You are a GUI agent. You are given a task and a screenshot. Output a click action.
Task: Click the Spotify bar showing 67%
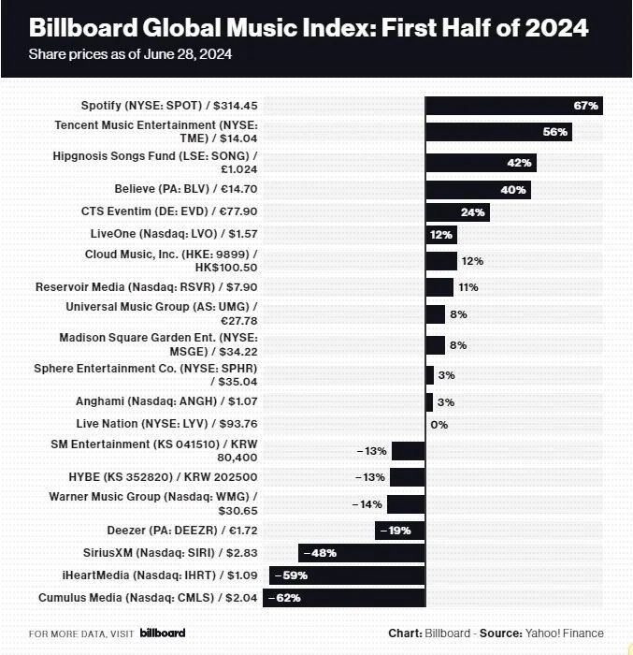click(x=513, y=106)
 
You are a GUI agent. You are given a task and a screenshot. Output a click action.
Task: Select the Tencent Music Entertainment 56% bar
click(x=498, y=132)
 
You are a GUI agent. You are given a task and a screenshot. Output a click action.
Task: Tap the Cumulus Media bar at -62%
click(x=344, y=597)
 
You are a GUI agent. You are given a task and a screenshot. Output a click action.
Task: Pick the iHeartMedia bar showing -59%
click(x=347, y=575)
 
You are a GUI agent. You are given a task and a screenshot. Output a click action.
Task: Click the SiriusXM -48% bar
click(x=362, y=552)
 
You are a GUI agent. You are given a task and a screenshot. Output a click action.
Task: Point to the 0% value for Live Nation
click(x=439, y=424)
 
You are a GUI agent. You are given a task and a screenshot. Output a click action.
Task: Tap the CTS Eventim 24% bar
click(x=457, y=212)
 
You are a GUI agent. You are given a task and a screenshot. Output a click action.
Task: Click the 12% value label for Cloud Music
click(x=472, y=261)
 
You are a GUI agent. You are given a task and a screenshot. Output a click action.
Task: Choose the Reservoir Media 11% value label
click(x=468, y=287)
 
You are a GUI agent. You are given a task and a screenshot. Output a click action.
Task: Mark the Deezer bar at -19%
click(x=400, y=530)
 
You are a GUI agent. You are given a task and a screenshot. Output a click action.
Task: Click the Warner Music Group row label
click(x=153, y=502)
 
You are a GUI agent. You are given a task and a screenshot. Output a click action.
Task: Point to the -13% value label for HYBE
click(x=371, y=477)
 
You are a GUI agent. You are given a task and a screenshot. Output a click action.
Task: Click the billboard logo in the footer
click(x=163, y=633)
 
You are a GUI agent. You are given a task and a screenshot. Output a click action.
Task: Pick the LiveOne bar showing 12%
click(x=440, y=235)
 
